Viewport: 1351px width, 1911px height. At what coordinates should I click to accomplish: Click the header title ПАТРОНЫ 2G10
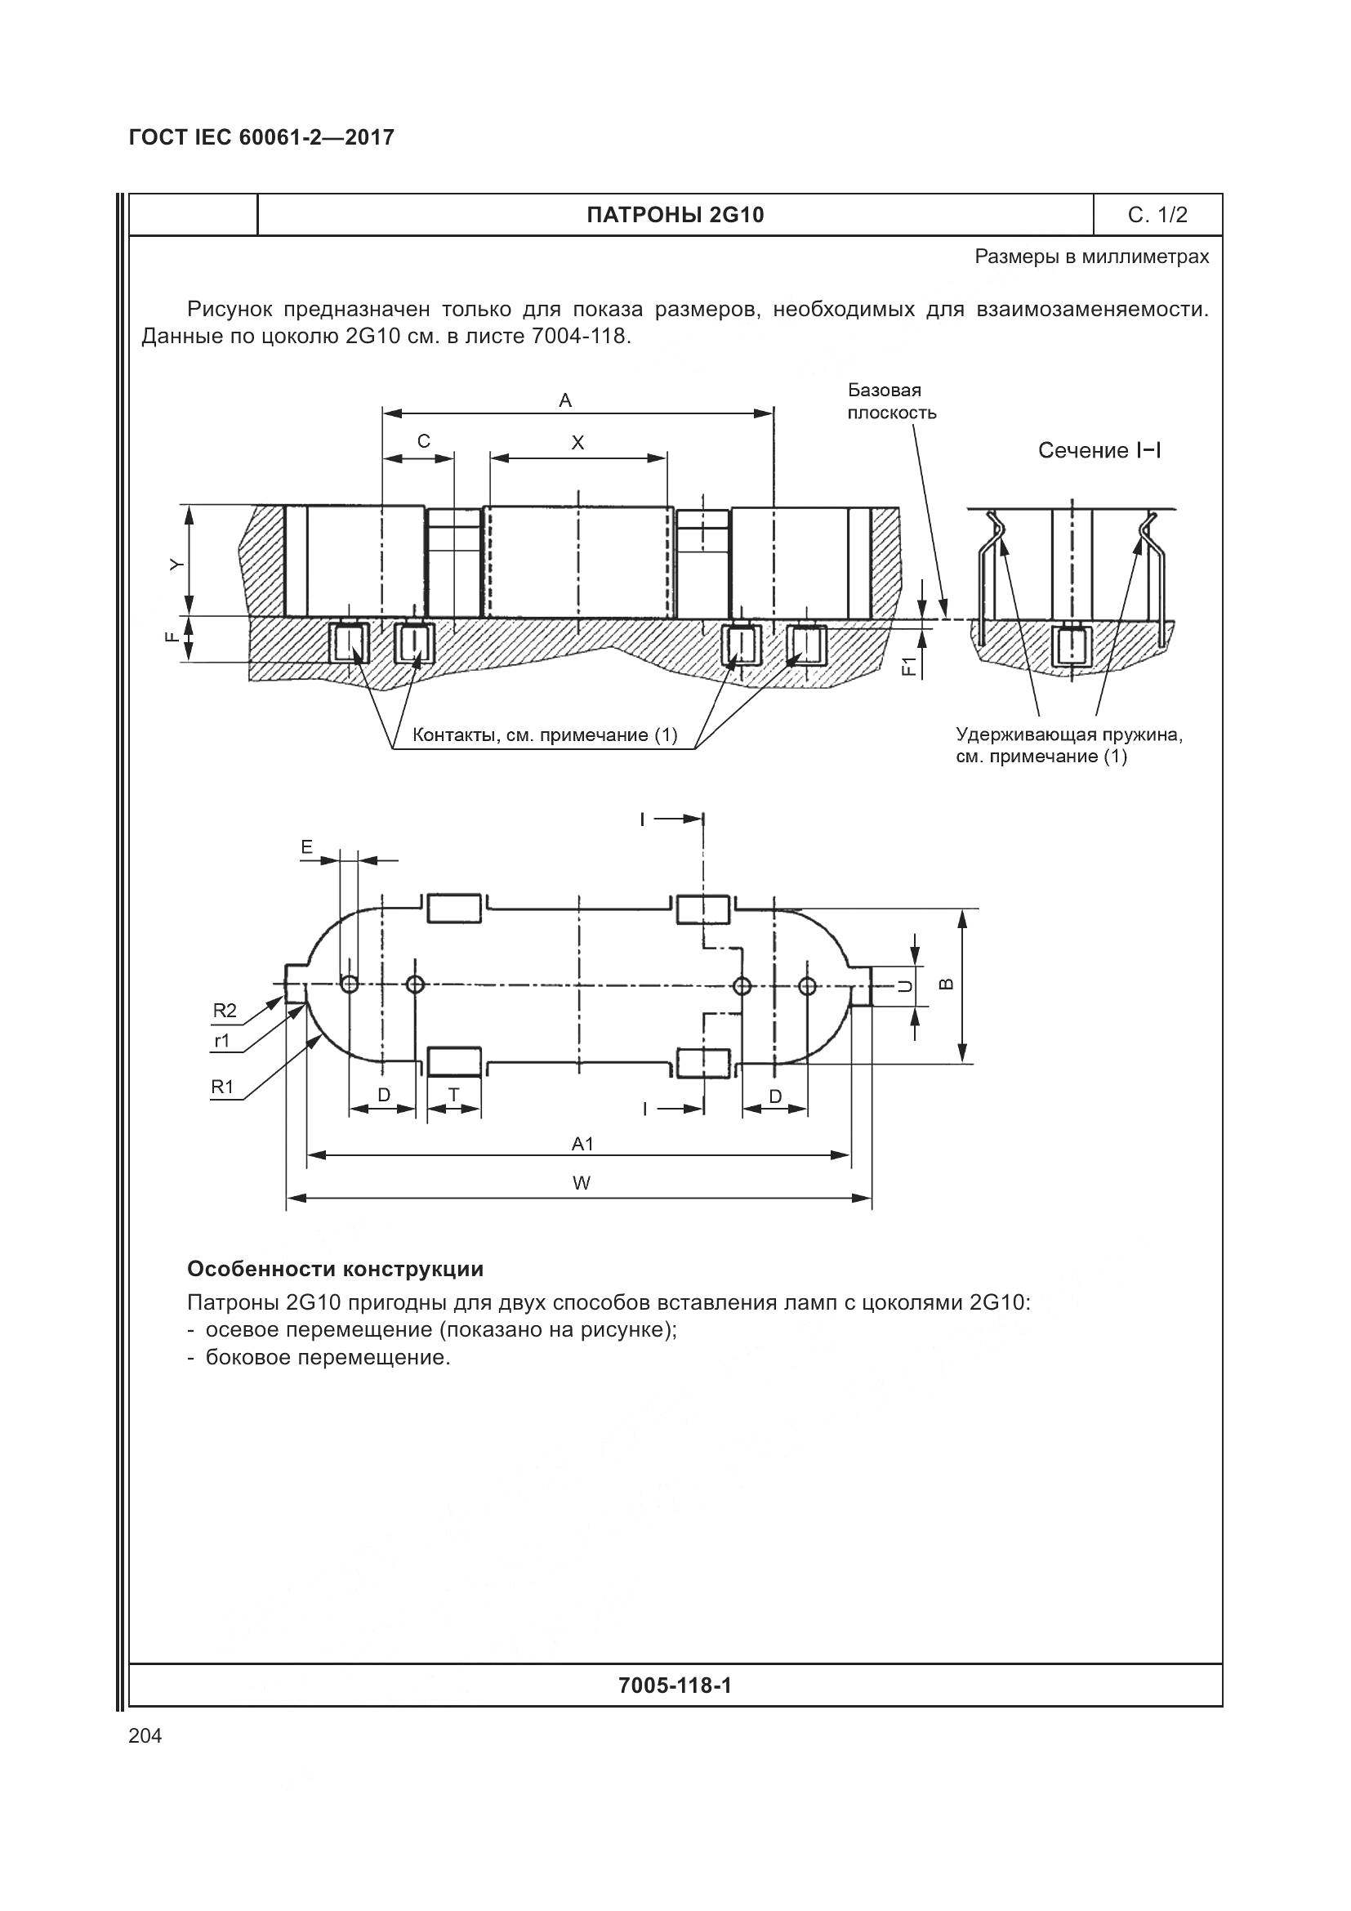tap(675, 216)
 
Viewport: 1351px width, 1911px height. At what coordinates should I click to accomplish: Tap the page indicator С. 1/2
tap(1157, 216)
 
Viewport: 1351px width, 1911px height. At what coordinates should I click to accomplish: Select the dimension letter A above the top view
tap(565, 401)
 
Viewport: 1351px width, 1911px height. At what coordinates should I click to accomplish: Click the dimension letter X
tap(577, 443)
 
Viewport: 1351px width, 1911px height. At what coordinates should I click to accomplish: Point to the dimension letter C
tap(423, 442)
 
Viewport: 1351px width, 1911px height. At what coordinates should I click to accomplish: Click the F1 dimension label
tap(910, 666)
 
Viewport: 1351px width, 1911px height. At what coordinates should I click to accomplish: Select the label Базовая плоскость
tap(891, 401)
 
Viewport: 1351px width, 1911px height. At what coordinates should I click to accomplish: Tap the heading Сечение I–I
tap(1099, 451)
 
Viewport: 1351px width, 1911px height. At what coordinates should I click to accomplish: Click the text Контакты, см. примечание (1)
tap(545, 735)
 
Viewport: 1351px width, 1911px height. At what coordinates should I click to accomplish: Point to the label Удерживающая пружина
tap(1069, 735)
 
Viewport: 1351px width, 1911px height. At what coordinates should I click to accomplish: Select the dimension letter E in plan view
tap(307, 847)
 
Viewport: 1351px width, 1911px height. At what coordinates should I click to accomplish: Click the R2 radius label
tap(224, 1011)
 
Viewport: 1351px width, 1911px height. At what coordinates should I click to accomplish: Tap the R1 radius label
tap(222, 1086)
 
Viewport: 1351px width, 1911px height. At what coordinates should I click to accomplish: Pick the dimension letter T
tap(453, 1095)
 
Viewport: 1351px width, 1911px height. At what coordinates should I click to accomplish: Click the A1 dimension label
tap(582, 1144)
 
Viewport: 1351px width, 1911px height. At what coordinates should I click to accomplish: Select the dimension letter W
tap(582, 1183)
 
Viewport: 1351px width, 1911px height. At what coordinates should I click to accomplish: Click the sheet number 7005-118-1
tap(675, 1686)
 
